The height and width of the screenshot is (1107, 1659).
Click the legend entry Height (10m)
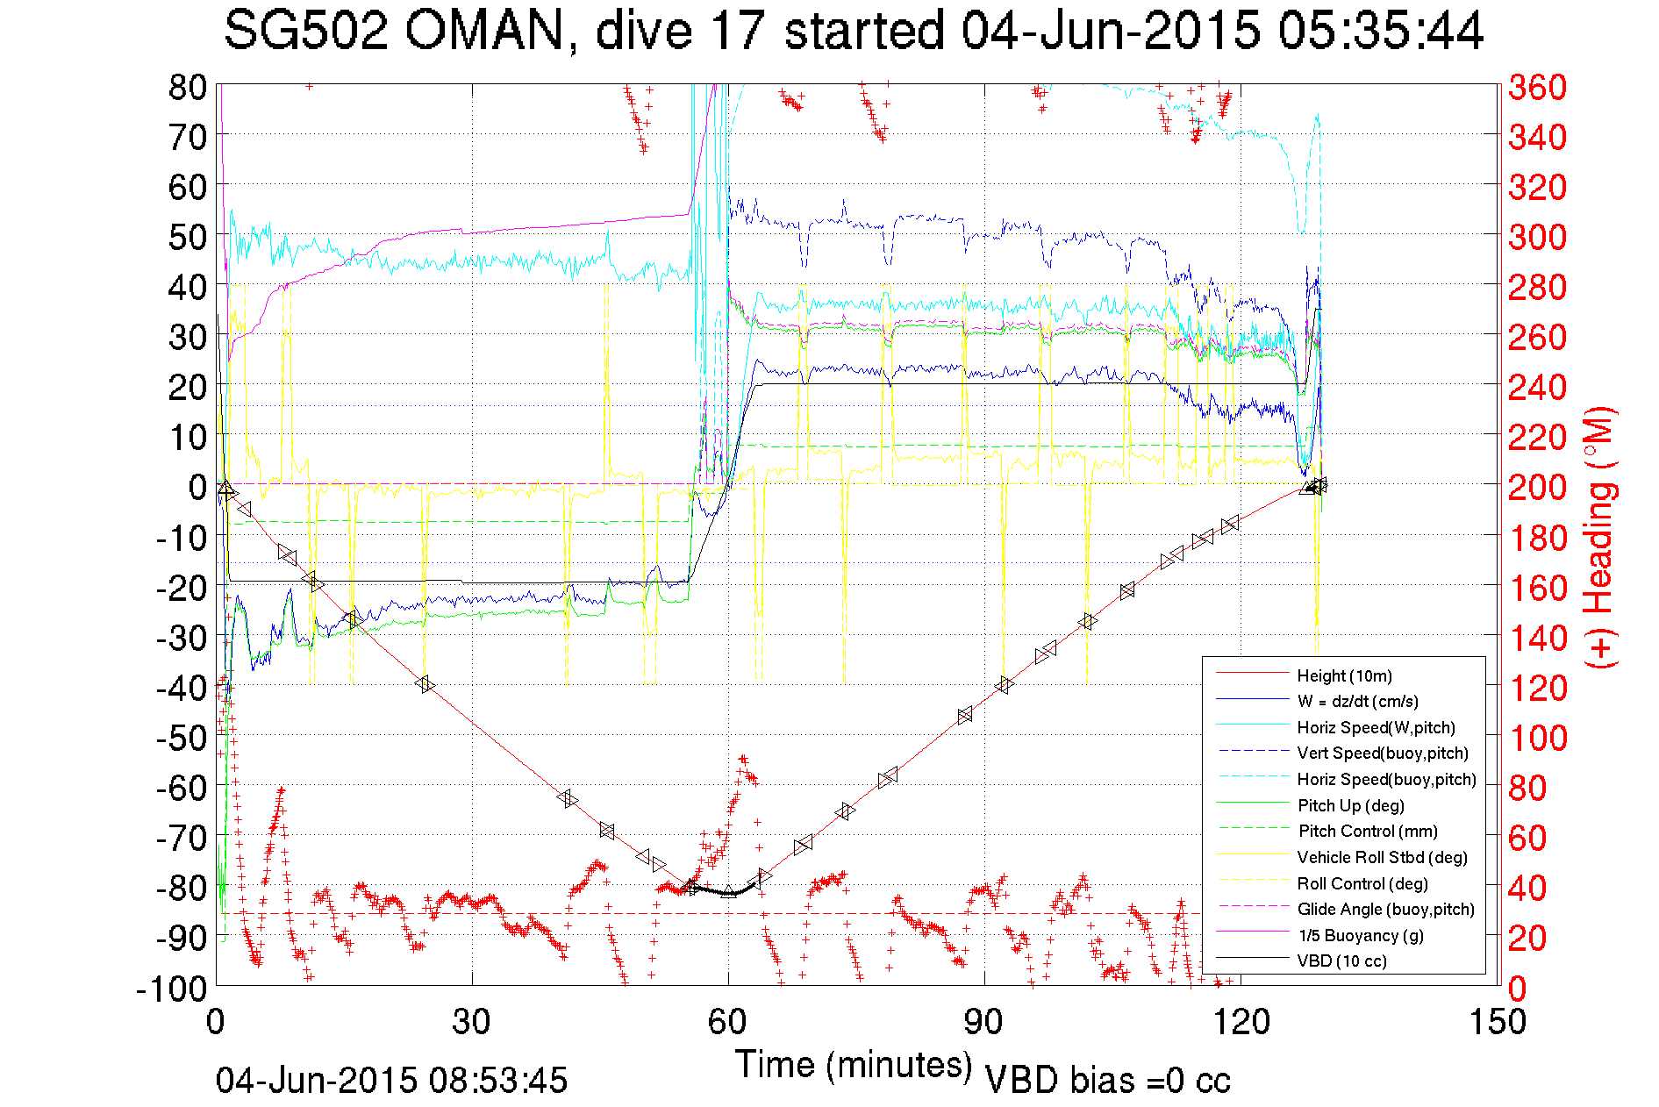pyautogui.click(x=1344, y=675)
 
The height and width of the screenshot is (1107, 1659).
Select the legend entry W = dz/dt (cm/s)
pyautogui.click(x=1357, y=701)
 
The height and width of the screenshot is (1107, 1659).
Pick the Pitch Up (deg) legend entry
pyautogui.click(x=1350, y=805)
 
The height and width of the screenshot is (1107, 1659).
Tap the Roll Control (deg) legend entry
pyautogui.click(x=1362, y=883)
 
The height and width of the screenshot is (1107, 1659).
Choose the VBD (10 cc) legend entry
pyautogui.click(x=1341, y=961)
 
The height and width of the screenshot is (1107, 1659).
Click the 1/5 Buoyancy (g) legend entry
pyautogui.click(x=1360, y=935)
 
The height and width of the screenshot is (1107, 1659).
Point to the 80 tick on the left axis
pyautogui.click(x=187, y=87)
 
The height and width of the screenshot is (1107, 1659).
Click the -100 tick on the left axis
pyautogui.click(x=171, y=989)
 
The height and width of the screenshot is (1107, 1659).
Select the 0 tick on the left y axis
pyautogui.click(x=197, y=487)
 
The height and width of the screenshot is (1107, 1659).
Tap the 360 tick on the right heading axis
pyautogui.click(x=1537, y=87)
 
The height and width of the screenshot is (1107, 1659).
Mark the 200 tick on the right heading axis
pyautogui.click(x=1537, y=487)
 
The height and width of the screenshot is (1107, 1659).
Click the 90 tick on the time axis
pyautogui.click(x=983, y=1022)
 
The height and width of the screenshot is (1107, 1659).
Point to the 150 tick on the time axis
pyautogui.click(x=1497, y=1022)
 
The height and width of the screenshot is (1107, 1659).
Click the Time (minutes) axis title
pyautogui.click(x=854, y=1065)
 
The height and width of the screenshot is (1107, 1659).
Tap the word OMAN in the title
pyautogui.click(x=483, y=32)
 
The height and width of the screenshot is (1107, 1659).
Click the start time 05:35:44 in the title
pyautogui.click(x=1380, y=32)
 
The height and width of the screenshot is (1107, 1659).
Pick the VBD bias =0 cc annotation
pyautogui.click(x=1107, y=1081)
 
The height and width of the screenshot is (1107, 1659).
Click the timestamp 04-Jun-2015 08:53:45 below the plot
pyautogui.click(x=391, y=1081)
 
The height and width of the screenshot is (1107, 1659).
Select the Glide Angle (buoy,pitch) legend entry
pyautogui.click(x=1385, y=909)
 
